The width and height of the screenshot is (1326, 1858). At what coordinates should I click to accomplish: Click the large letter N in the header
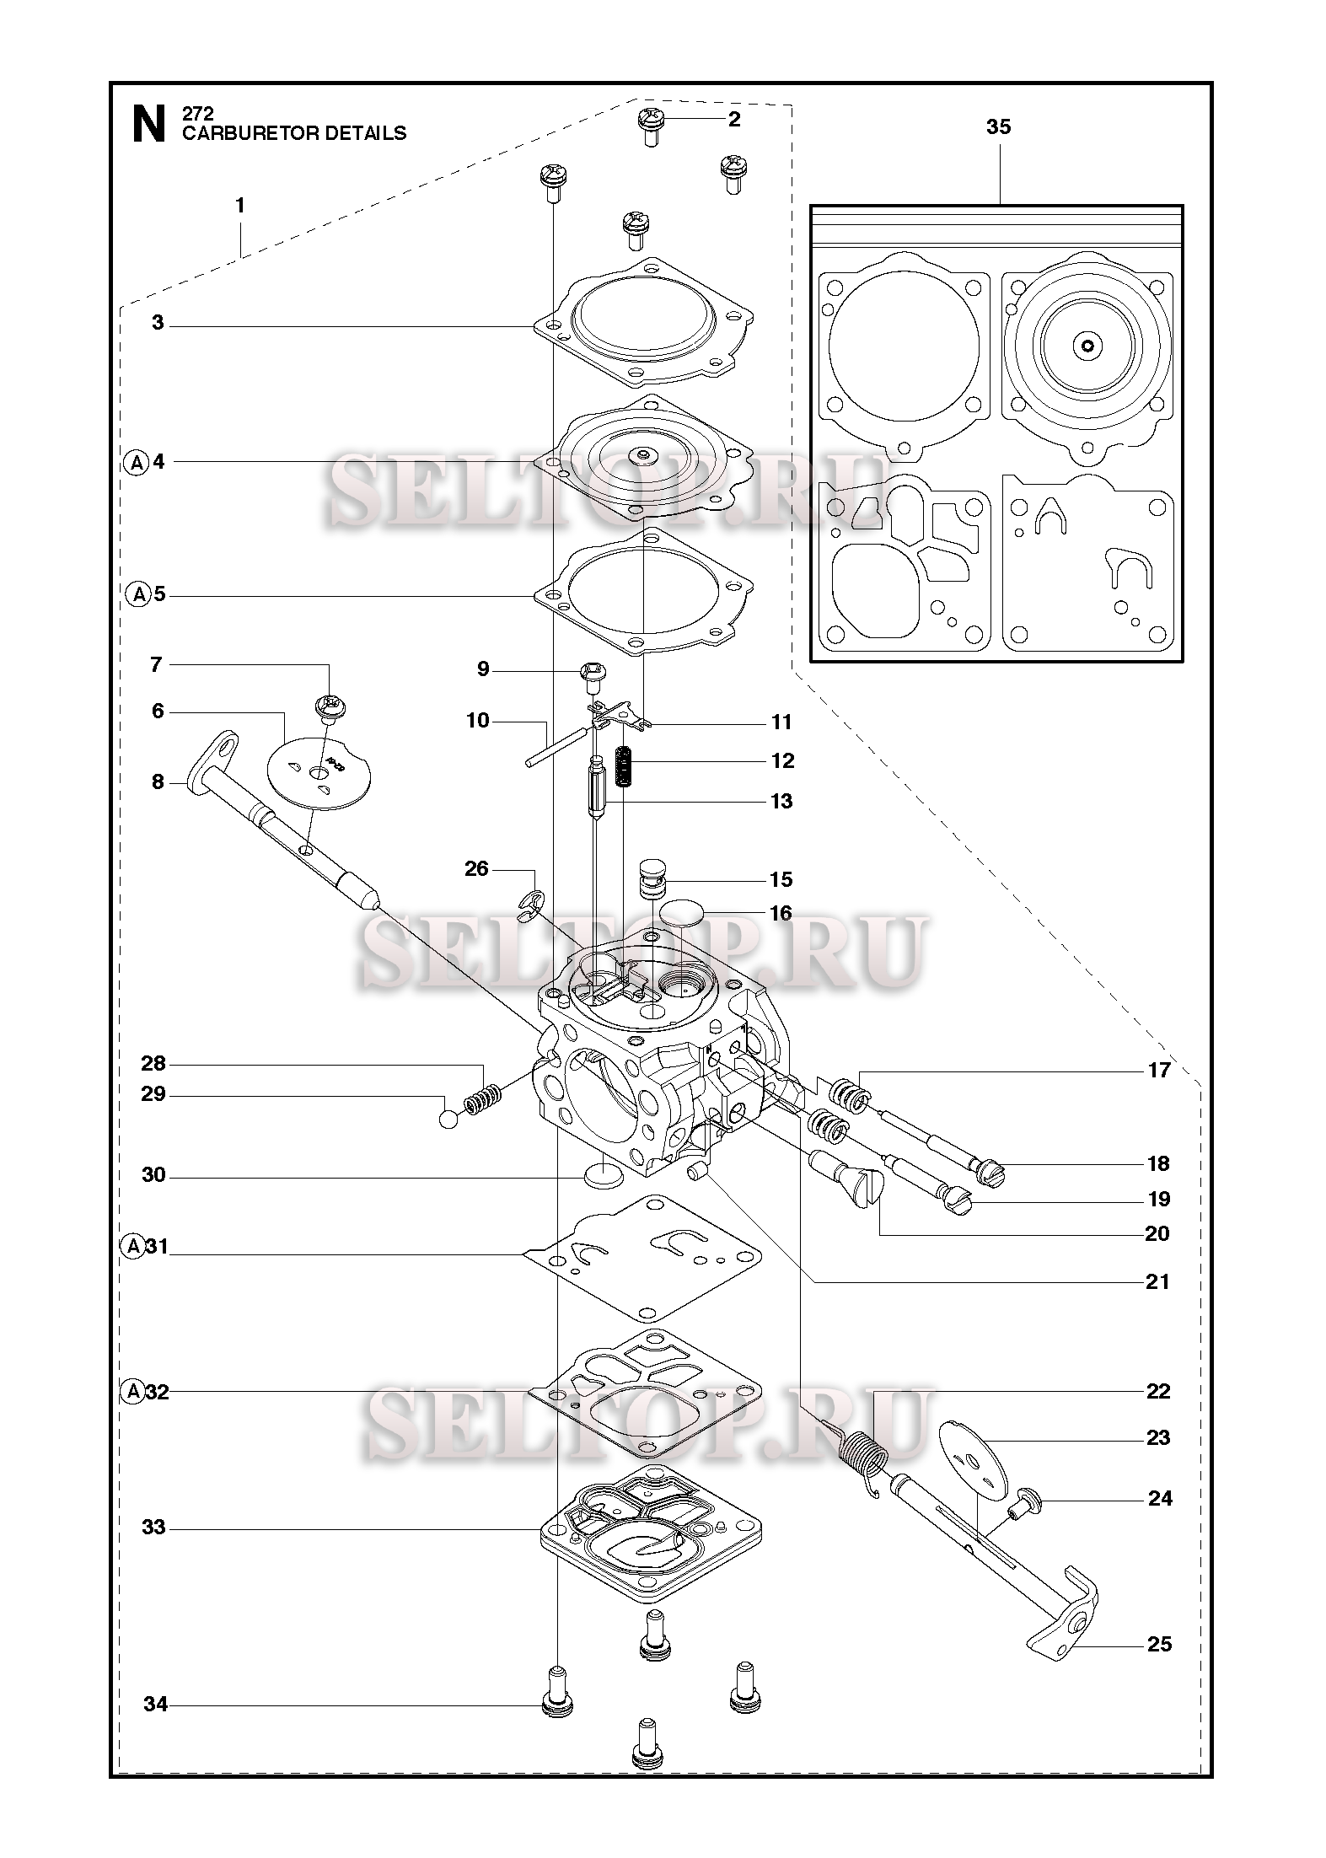[149, 124]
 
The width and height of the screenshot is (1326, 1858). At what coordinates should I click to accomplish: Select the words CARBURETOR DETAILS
[294, 133]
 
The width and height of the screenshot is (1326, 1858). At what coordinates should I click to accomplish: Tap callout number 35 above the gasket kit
[998, 126]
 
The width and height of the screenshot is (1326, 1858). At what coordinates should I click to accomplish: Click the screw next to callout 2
[651, 127]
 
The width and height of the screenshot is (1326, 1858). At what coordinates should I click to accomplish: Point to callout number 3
[158, 323]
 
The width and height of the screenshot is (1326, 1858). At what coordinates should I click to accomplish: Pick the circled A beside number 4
[135, 462]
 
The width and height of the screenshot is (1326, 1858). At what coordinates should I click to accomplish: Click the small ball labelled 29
[450, 1120]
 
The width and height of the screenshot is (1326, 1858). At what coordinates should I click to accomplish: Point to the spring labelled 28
[485, 1099]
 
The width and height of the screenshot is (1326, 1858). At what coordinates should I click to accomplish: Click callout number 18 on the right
[1159, 1163]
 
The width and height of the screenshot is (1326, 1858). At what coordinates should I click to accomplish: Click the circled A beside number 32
[133, 1392]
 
